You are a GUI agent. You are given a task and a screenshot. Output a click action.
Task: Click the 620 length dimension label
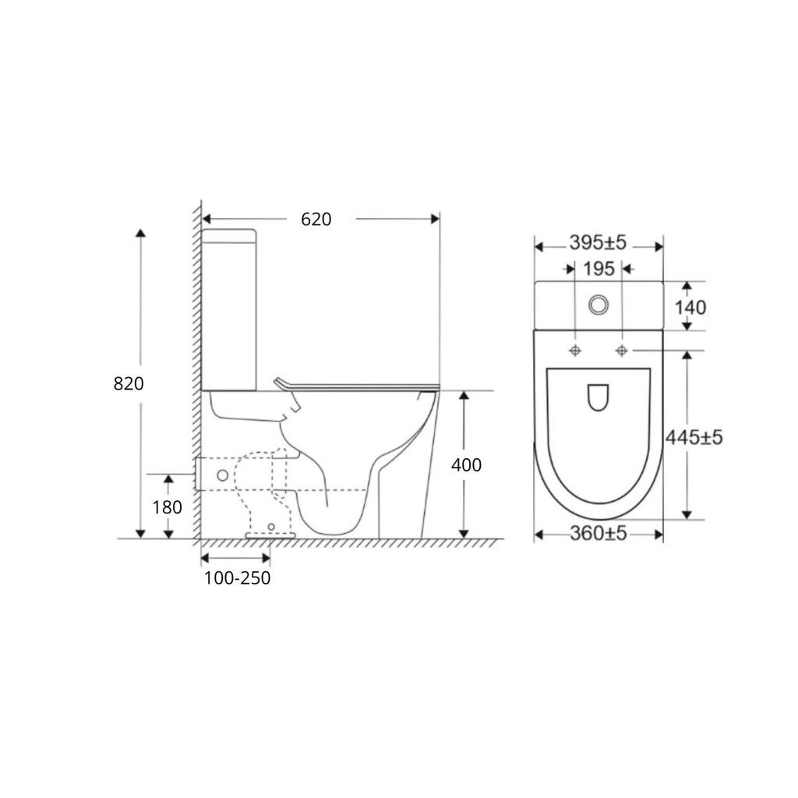(316, 219)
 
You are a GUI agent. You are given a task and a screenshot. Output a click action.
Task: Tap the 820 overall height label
(129, 383)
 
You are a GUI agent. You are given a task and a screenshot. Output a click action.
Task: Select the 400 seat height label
(466, 464)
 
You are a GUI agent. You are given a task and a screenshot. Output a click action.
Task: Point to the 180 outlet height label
(167, 507)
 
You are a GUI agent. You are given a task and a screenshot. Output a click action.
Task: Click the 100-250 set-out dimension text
(237, 578)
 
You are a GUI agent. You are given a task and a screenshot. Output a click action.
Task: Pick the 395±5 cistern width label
(598, 243)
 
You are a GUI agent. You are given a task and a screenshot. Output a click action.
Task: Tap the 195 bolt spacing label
(599, 269)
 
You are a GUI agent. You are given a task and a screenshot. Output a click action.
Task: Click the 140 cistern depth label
(690, 307)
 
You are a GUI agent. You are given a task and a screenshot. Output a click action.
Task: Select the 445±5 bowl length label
(694, 437)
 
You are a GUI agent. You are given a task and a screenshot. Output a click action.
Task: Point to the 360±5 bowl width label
(598, 533)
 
